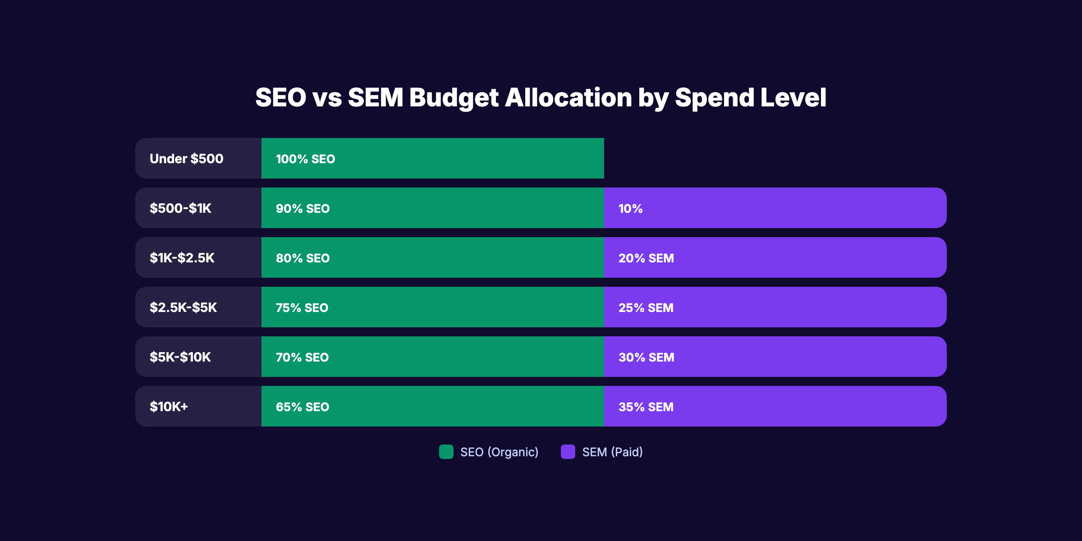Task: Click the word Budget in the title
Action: [454, 98]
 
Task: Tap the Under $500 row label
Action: [186, 159]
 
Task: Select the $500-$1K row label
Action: [180, 208]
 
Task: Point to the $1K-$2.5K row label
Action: [182, 258]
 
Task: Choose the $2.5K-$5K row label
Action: [183, 307]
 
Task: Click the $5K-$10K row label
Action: [180, 357]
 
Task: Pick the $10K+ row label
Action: [169, 407]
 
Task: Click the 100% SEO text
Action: [305, 159]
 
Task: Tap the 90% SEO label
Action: [303, 209]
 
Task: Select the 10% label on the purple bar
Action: [630, 209]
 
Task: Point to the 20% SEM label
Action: [646, 258]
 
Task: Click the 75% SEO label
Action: [302, 308]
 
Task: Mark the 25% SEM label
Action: [646, 308]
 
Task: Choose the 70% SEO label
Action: [302, 358]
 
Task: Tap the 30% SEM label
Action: [646, 358]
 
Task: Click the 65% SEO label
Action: [302, 407]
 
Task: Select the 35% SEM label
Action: [646, 407]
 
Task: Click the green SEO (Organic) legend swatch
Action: [446, 452]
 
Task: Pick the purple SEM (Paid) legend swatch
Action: [568, 452]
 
